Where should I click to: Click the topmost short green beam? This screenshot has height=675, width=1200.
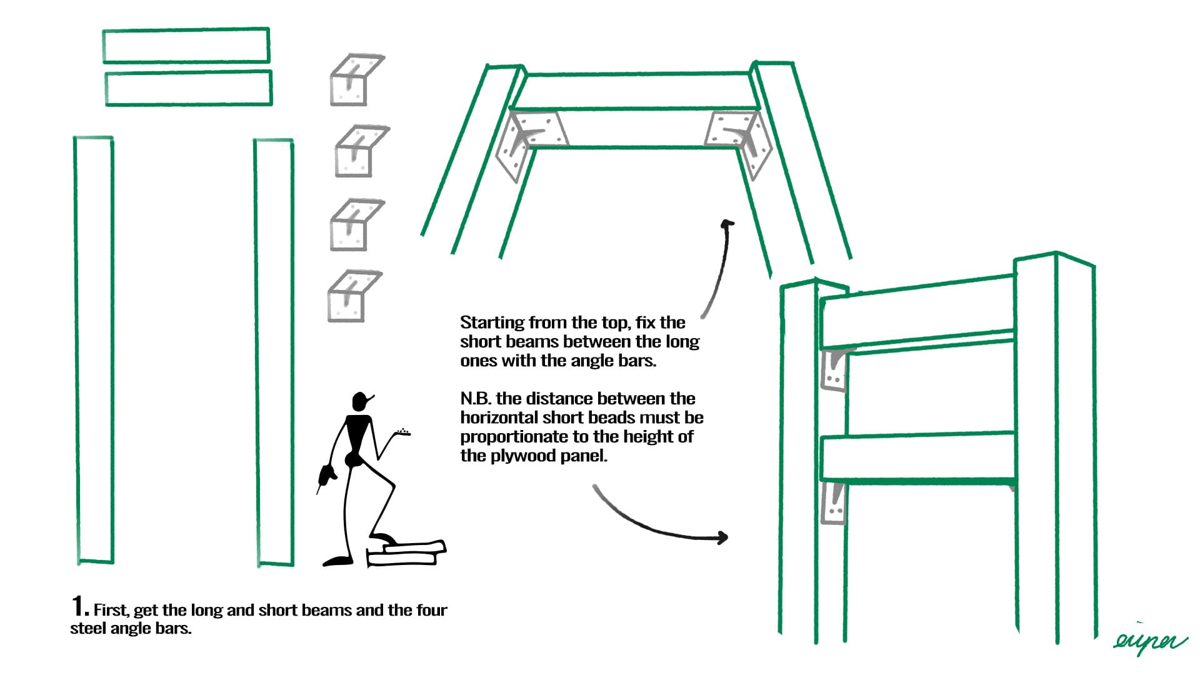coord(186,46)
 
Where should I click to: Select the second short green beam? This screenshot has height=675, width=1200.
coord(188,88)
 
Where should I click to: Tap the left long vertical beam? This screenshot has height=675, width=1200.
coord(94,350)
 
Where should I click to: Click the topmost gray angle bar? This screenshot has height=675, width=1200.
coord(354,80)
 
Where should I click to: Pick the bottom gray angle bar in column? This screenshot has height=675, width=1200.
coord(352,296)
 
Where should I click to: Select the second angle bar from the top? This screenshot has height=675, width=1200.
coord(359,151)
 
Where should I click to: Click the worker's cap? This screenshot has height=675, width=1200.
coord(361,400)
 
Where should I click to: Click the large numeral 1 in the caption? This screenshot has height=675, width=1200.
coord(79,606)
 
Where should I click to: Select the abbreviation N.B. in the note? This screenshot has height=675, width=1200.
coord(476,399)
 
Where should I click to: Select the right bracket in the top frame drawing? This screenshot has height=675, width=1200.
coord(741,139)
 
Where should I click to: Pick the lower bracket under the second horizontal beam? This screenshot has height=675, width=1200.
coord(834,503)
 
